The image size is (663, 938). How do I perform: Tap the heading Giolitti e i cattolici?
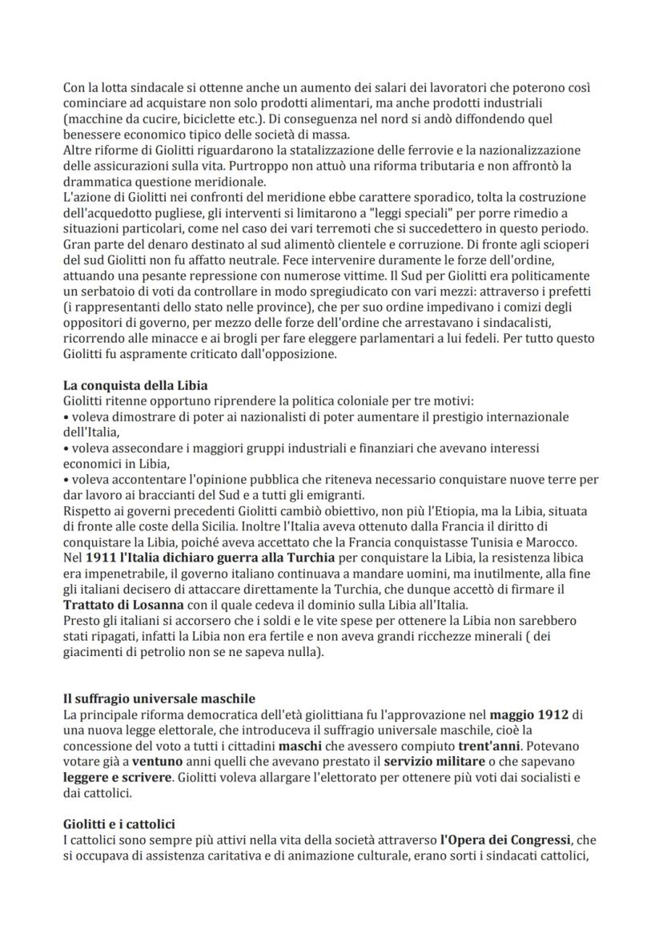tap(119, 823)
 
